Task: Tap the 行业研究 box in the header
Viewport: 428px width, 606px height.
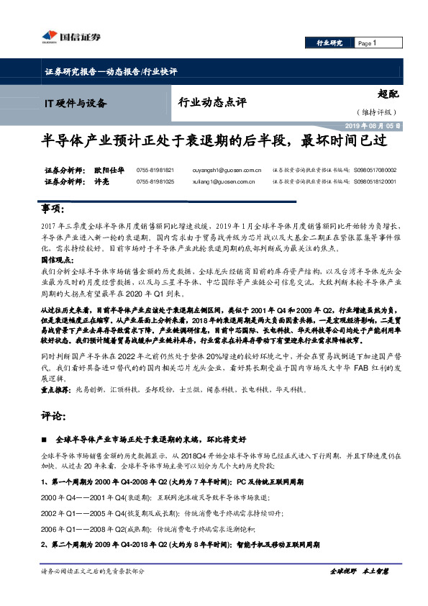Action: (x=329, y=43)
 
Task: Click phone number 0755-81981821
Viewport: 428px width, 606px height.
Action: (x=155, y=170)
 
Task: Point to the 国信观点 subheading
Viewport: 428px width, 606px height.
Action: (x=57, y=258)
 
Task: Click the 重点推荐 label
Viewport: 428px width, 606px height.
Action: (x=56, y=389)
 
